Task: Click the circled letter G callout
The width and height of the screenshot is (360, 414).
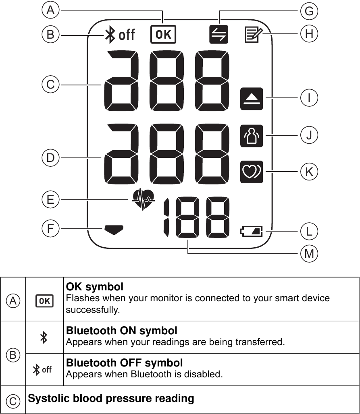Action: click(309, 11)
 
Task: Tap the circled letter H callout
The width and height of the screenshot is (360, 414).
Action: click(309, 34)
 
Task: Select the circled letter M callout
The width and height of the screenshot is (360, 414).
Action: click(309, 254)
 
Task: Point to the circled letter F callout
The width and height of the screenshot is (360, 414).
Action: click(50, 229)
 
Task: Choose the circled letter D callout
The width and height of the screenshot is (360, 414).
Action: click(50, 158)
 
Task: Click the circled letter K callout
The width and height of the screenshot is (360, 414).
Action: click(309, 172)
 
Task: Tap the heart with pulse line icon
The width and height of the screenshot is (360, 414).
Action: click(144, 199)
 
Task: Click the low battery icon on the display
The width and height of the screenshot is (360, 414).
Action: click(251, 232)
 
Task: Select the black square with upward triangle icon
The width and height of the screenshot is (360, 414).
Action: click(252, 98)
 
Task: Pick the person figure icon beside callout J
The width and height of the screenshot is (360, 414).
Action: click(252, 135)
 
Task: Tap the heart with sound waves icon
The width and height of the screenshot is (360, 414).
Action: click(252, 172)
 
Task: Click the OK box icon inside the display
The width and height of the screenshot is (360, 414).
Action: click(163, 35)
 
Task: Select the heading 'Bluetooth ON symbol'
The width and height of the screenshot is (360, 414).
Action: click(121, 331)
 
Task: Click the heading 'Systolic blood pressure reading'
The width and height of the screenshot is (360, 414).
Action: click(111, 399)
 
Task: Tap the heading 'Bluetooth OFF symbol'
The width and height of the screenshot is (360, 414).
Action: click(124, 362)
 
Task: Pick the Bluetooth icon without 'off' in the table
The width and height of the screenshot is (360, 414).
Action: click(44, 337)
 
